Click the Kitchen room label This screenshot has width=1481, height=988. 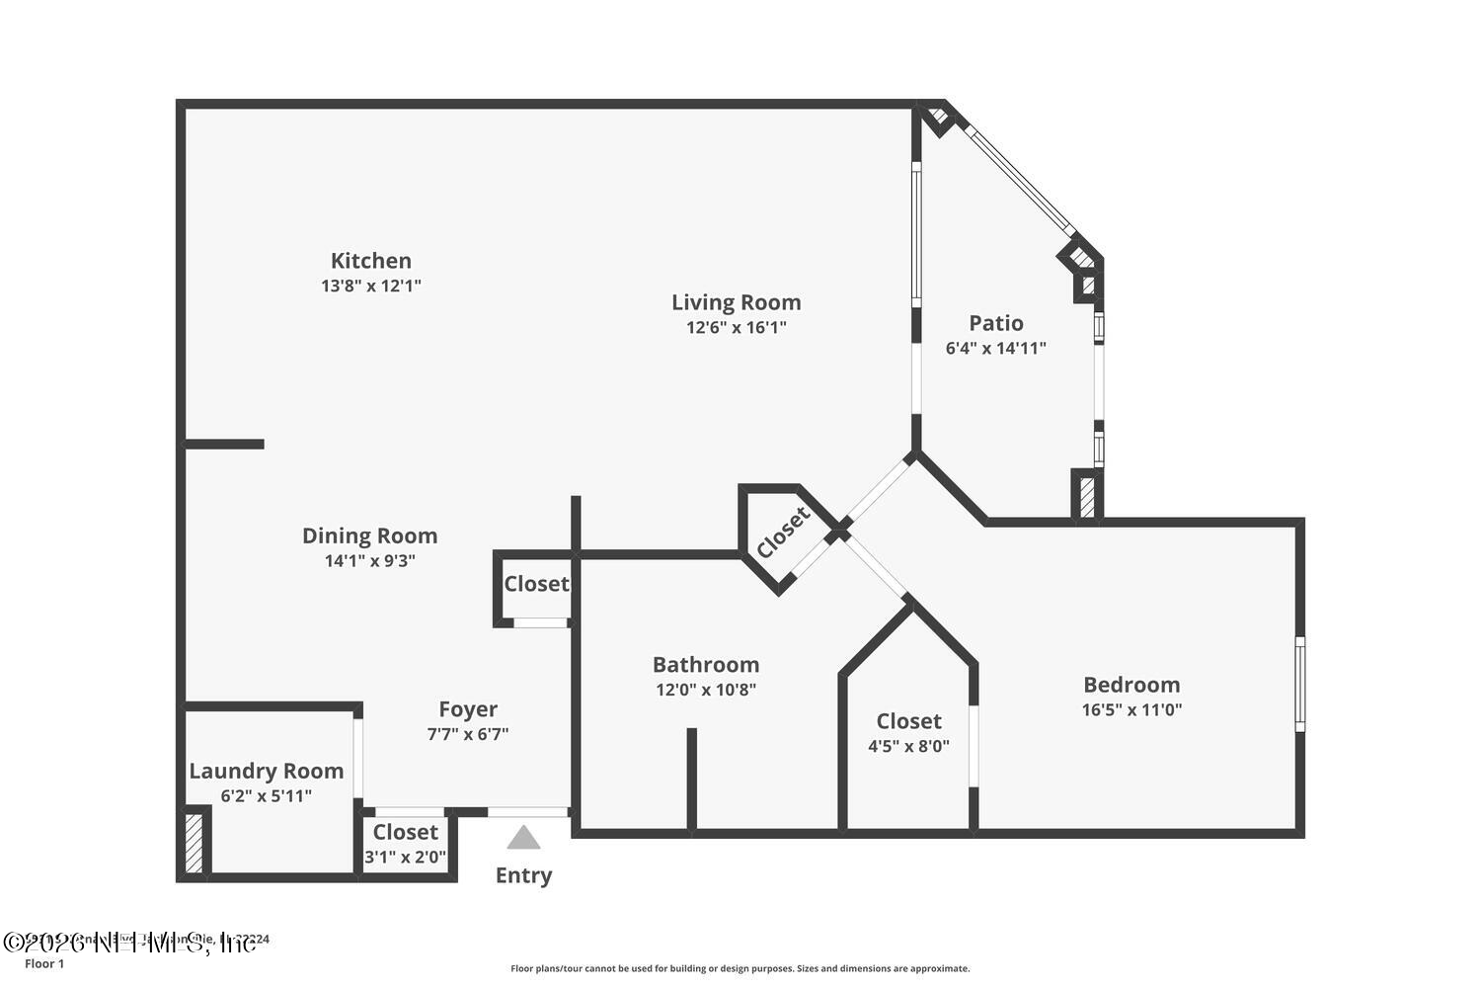pyautogui.click(x=370, y=261)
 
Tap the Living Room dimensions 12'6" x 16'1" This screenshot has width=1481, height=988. pyautogui.click(x=736, y=327)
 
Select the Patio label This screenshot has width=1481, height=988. pyautogui.click(x=995, y=323)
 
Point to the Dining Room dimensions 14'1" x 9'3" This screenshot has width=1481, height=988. pyautogui.click(x=369, y=560)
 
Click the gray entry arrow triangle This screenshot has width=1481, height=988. pyautogui.click(x=523, y=838)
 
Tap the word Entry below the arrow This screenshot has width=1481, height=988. pyautogui.click(x=523, y=875)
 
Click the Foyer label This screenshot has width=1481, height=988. pyautogui.click(x=468, y=709)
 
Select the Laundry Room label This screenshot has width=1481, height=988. pyautogui.click(x=267, y=771)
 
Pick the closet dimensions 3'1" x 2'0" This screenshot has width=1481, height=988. pyautogui.click(x=405, y=857)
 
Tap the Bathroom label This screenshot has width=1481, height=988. pyautogui.click(x=705, y=665)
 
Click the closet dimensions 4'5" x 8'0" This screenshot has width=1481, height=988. pyautogui.click(x=908, y=746)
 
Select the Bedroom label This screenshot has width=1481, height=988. pyautogui.click(x=1131, y=685)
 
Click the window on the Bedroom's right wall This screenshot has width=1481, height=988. pyautogui.click(x=1299, y=684)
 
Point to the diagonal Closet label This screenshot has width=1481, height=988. pyautogui.click(x=784, y=532)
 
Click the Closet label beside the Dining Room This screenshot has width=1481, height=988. pyautogui.click(x=536, y=584)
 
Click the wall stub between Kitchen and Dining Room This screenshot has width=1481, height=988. pyautogui.click(x=225, y=445)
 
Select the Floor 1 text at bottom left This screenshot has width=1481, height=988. pyautogui.click(x=44, y=964)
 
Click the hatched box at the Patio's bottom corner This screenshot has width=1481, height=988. pyautogui.click(x=1086, y=496)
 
